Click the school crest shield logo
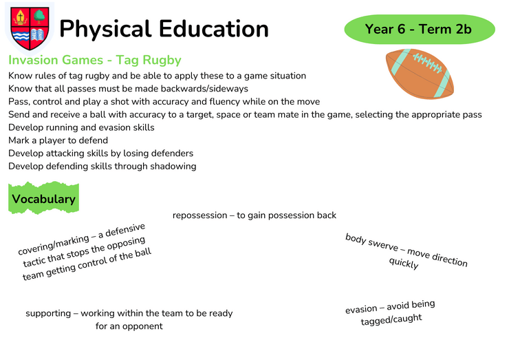pyautogui.click(x=30, y=28)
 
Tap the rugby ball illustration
pyautogui.click(x=420, y=74)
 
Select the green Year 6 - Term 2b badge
pyautogui.click(x=420, y=29)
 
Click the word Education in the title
pyautogui.click(x=214, y=29)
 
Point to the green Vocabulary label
pyautogui.click(x=43, y=198)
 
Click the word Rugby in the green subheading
pyautogui.click(x=162, y=61)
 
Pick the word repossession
pyautogui.click(x=199, y=215)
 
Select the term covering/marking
pyautogui.click(x=54, y=244)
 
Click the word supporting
pyautogui.click(x=48, y=313)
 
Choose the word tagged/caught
pyautogui.click(x=391, y=319)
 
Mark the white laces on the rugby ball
pyautogui.click(x=428, y=63)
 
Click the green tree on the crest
pyautogui.click(x=39, y=17)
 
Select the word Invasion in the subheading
pyautogui.click(x=33, y=60)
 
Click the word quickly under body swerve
pyautogui.click(x=404, y=263)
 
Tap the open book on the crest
pyautogui.click(x=37, y=35)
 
